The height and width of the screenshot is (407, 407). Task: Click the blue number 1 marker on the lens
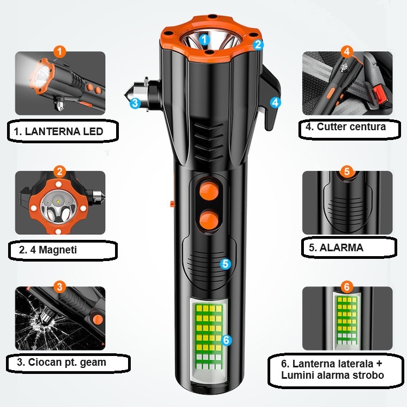204,40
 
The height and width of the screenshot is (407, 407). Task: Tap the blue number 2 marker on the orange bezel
258,44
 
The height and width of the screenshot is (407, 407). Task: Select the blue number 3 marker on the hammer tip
135,103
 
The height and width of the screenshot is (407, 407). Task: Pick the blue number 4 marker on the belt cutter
275,102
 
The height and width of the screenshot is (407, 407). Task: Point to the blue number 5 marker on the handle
225,264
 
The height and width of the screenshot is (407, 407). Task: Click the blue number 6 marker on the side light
226,340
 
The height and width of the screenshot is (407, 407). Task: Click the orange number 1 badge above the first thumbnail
60,52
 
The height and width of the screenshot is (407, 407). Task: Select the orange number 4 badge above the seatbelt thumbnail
347,52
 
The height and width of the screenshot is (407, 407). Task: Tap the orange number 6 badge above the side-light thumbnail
347,287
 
